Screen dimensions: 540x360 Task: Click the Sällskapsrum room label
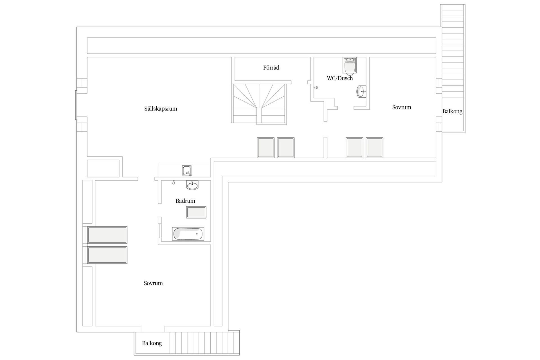coord(161,109)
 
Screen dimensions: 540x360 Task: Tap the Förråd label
coord(271,67)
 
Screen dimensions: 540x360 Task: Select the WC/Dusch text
coord(340,78)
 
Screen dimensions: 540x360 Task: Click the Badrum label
coord(185,201)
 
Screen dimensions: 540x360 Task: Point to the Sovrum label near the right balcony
coord(402,107)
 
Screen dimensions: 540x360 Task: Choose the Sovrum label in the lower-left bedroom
coord(153,283)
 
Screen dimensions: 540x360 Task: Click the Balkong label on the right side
coord(452,111)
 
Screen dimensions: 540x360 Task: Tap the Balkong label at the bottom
coord(152,343)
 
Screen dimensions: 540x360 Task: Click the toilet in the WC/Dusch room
coord(350,65)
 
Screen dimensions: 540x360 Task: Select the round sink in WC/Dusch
coord(361,91)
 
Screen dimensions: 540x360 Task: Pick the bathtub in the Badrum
coord(188,234)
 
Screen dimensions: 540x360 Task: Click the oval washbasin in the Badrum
coord(192,185)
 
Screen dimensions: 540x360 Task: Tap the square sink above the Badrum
coord(187,171)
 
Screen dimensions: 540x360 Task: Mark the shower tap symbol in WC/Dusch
coord(316,87)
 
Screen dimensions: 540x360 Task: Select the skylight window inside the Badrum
coord(196,212)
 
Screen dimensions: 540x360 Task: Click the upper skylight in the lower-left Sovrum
coord(107,235)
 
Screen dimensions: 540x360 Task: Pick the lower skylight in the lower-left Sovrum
coord(107,255)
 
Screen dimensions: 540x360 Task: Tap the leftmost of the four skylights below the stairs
coord(265,148)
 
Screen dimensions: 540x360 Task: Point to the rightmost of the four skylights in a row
coord(374,148)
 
